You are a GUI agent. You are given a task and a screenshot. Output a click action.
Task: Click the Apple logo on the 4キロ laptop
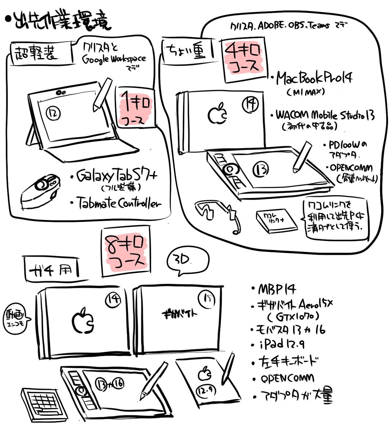[218, 114]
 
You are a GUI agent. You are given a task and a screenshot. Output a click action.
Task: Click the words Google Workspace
[114, 59]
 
